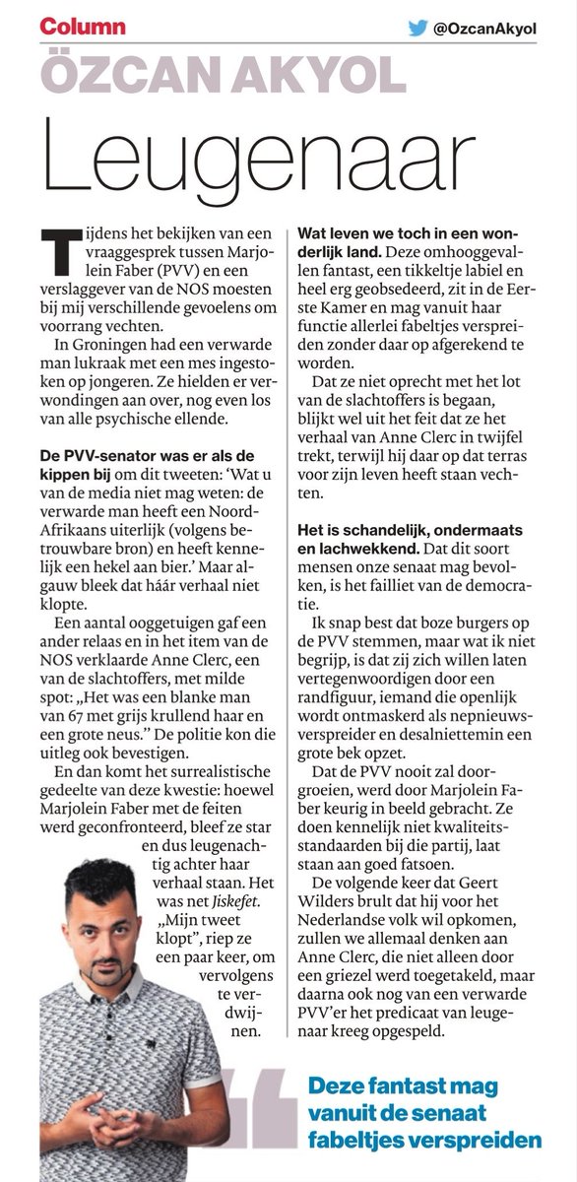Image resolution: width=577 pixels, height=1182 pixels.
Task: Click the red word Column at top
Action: point(83,27)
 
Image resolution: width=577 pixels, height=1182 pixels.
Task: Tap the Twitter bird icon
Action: point(419,29)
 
